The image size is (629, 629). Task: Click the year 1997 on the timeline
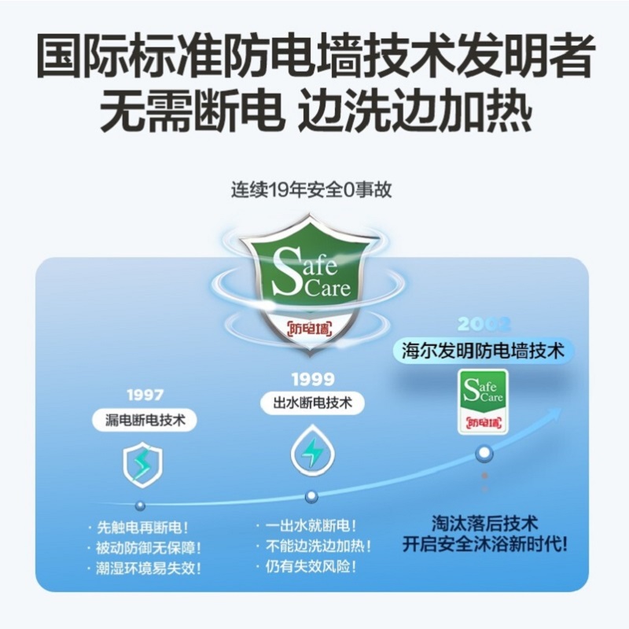(x=145, y=395)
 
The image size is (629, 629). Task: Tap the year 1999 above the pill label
(x=312, y=379)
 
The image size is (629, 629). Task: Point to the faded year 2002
(x=484, y=324)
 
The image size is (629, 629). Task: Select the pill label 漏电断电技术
(x=145, y=420)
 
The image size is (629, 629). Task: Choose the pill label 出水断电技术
(x=312, y=403)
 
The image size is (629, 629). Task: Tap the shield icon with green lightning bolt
(x=142, y=466)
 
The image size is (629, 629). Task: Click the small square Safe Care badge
(x=483, y=402)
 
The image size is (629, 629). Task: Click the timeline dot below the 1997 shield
(x=140, y=506)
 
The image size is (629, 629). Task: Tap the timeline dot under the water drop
(x=311, y=497)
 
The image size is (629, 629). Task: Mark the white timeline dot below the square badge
(x=484, y=453)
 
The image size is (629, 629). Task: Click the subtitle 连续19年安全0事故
(x=311, y=189)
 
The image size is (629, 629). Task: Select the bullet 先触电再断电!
(x=138, y=528)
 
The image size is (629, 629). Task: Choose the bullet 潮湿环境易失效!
(x=145, y=568)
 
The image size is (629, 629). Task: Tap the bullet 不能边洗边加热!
(x=314, y=546)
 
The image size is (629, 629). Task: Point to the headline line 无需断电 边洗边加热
(x=315, y=111)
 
